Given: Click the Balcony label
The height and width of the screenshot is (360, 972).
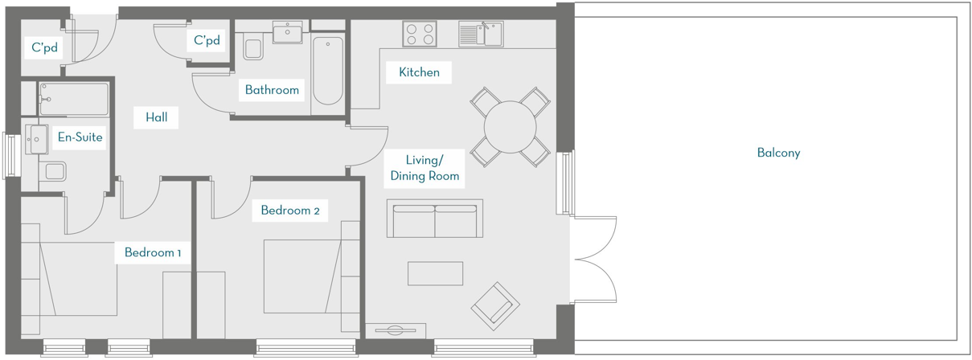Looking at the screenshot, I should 778,153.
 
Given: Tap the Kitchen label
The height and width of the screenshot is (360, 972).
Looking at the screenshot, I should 419,72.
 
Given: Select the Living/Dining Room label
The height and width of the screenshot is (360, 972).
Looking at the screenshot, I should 424,167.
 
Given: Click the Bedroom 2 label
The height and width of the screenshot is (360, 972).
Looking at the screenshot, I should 290,211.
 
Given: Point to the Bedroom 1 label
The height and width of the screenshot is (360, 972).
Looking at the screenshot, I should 153,253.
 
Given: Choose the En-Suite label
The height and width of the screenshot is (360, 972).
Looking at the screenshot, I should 80,137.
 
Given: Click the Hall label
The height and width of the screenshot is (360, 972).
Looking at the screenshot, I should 156,117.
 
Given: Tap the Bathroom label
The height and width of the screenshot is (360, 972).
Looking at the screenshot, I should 272,90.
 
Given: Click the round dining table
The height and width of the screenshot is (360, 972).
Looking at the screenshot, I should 510,126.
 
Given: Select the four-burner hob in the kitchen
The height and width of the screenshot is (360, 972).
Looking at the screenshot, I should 420,34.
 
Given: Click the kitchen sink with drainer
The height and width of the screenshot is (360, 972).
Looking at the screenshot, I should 480,34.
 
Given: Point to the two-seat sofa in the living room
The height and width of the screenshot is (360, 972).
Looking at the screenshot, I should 435,219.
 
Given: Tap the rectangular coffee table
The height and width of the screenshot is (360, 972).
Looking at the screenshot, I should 435,274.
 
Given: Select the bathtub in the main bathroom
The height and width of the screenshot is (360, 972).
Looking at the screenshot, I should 327,70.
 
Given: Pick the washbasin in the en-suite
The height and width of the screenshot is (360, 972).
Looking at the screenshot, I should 37,139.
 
